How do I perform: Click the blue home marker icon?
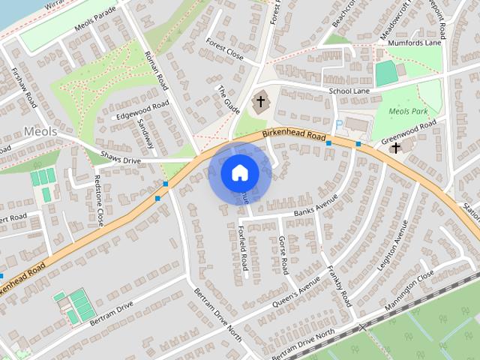point(240,173)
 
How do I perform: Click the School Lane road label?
point(349,91)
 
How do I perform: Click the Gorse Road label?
point(283,255)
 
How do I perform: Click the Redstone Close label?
point(99,200)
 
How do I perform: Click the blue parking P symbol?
point(339,124)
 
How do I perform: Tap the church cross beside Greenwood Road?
point(394,148)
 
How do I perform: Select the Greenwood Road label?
point(409,132)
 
